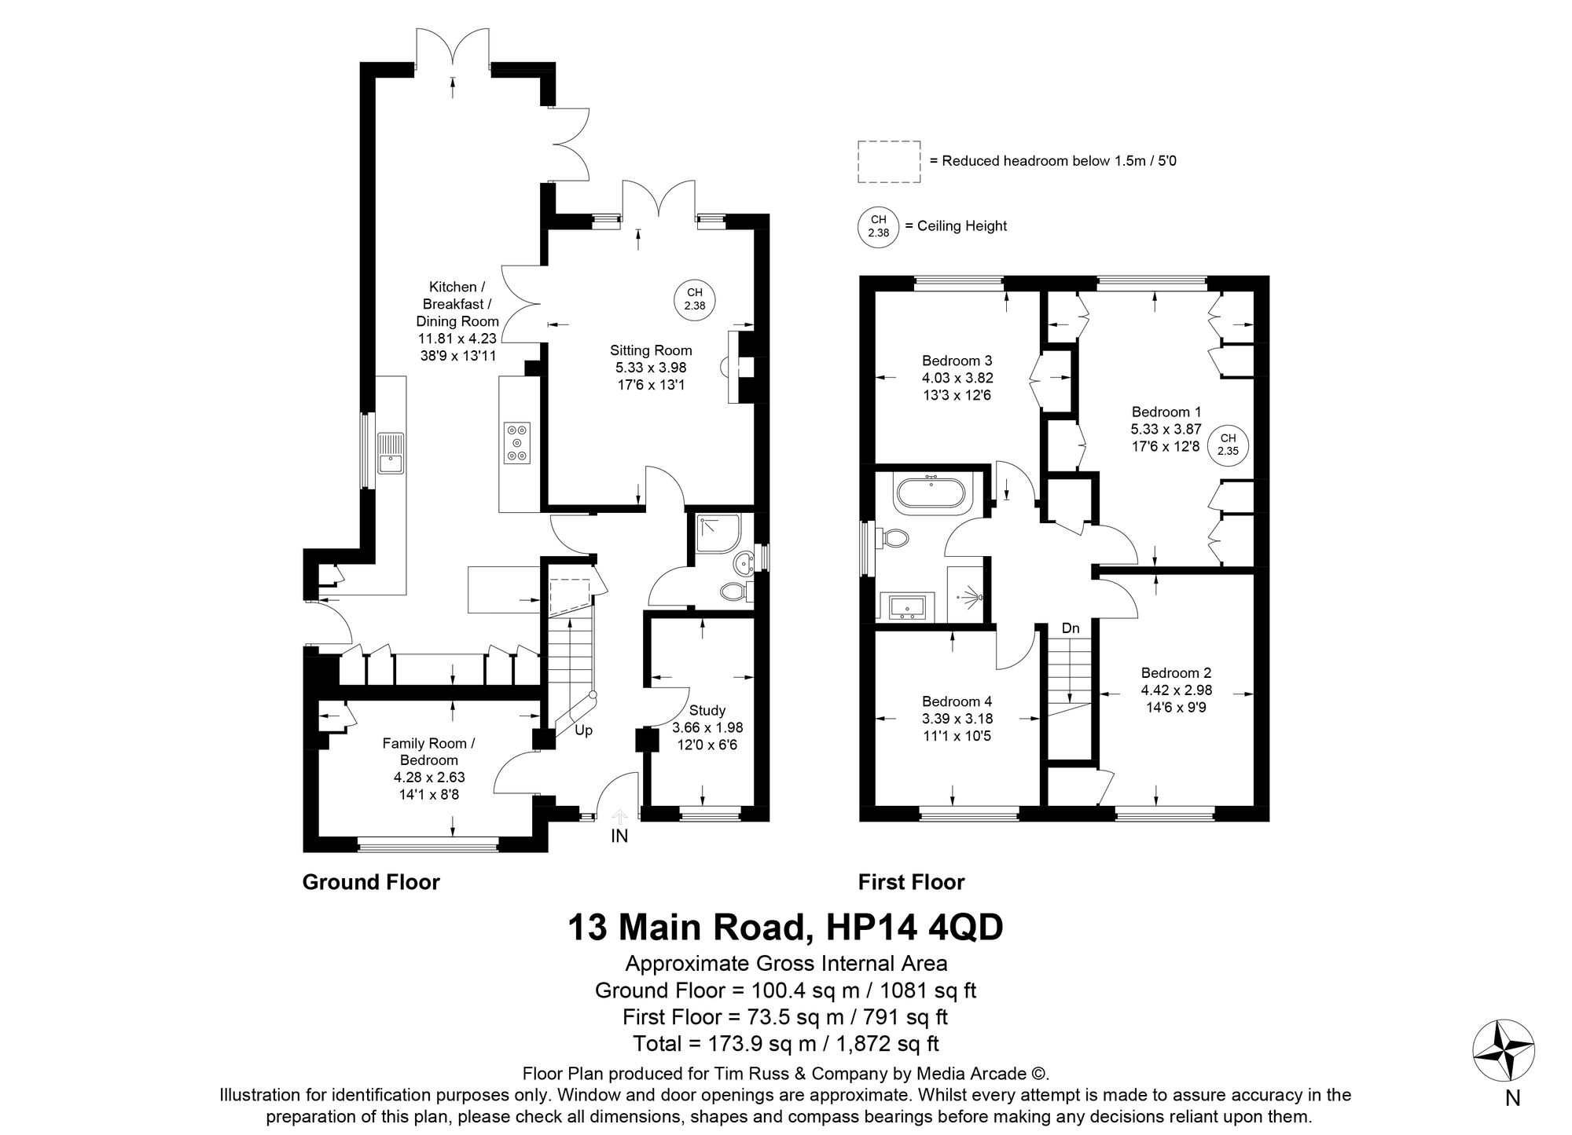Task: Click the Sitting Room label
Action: pos(651,350)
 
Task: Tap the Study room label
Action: pos(707,711)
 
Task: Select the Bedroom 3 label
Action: pos(957,361)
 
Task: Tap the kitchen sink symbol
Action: pos(390,453)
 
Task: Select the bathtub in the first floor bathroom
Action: pos(933,492)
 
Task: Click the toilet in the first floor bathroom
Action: pos(894,538)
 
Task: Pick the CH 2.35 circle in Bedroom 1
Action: pos(1227,445)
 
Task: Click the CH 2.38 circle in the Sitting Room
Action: pos(695,299)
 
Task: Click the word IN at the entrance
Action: pos(619,837)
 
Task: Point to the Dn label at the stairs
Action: pos(1071,628)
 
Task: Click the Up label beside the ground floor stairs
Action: pos(583,730)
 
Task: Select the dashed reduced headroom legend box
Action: pos(889,162)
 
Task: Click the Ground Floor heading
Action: pos(371,882)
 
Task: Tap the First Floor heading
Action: pos(911,882)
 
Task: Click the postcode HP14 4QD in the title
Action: pos(915,928)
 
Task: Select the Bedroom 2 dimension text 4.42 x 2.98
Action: pos(1176,690)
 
